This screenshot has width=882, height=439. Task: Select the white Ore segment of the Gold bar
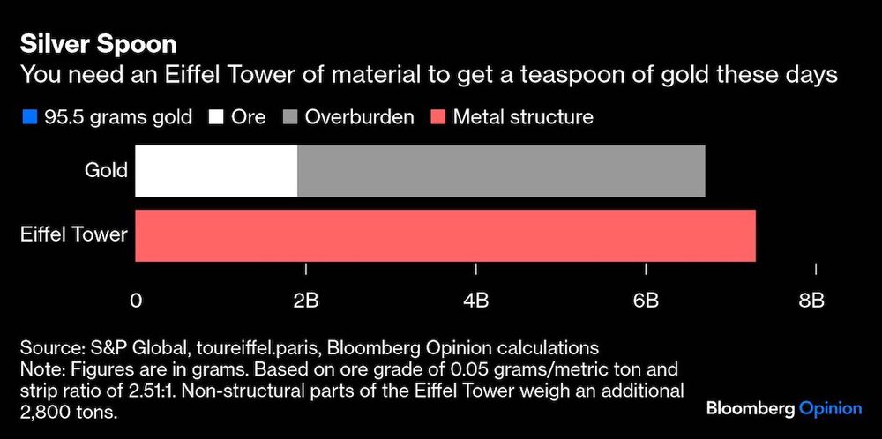[x=216, y=171]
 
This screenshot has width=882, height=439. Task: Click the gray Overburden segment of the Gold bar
[x=501, y=171]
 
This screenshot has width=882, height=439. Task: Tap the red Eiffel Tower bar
[x=445, y=235]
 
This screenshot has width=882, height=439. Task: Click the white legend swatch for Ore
[x=215, y=117]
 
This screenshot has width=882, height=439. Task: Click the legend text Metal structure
[x=523, y=117]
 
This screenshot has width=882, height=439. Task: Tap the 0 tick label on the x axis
[x=135, y=301]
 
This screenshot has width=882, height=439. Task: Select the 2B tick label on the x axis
[x=305, y=301]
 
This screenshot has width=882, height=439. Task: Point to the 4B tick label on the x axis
[x=475, y=301]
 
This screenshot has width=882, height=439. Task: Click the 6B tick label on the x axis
[x=646, y=301]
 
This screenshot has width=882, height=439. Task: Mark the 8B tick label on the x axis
[x=811, y=301]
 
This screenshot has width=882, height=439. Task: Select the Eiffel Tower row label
[x=74, y=235]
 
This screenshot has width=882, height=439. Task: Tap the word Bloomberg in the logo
[x=750, y=408]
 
